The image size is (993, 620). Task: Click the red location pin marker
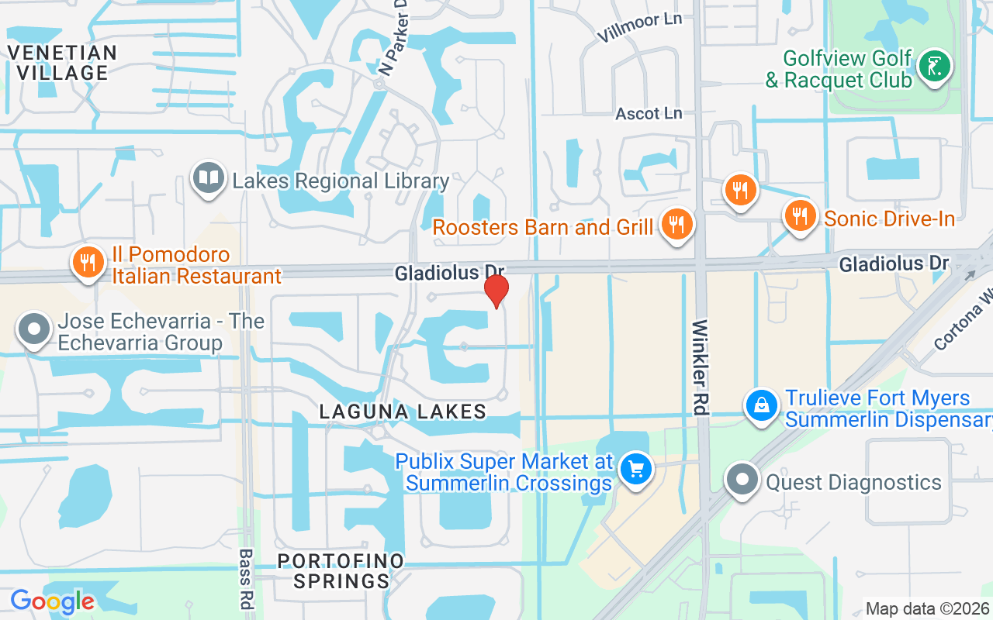pos(496,290)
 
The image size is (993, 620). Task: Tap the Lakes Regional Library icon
pos(208,178)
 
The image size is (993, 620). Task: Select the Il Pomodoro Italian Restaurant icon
pos(89,262)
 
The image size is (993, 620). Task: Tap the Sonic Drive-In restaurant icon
pos(801,215)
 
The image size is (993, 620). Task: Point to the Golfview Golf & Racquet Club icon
pos(934,67)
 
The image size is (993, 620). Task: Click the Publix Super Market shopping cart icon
pos(636,469)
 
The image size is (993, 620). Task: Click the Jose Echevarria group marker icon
pos(33,329)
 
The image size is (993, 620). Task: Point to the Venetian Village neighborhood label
pos(62,63)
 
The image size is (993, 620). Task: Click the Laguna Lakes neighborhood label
pos(403,412)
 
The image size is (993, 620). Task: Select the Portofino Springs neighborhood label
pos(341,570)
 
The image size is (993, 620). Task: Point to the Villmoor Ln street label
pos(638,28)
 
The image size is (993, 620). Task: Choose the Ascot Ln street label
pos(649,114)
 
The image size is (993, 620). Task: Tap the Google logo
pos(52,601)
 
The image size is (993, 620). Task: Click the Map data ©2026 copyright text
pos(927,608)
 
